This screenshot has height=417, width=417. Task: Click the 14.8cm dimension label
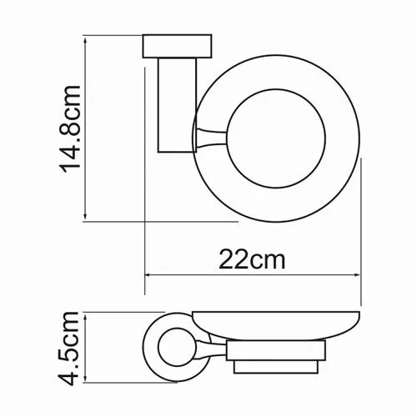pos(69,129)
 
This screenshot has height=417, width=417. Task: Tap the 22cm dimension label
pos(252,259)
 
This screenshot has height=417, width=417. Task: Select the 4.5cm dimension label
pos(68,349)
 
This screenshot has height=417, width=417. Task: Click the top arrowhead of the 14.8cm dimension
pos(85,39)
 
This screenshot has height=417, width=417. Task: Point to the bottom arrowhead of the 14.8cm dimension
pos(85,218)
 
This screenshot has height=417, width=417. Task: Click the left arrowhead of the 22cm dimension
pos(148,275)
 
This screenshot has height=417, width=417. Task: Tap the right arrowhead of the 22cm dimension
pos(357,275)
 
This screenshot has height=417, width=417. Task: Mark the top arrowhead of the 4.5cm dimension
pos(85,316)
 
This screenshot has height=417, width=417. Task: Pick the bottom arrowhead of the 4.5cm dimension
pos(85,379)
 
